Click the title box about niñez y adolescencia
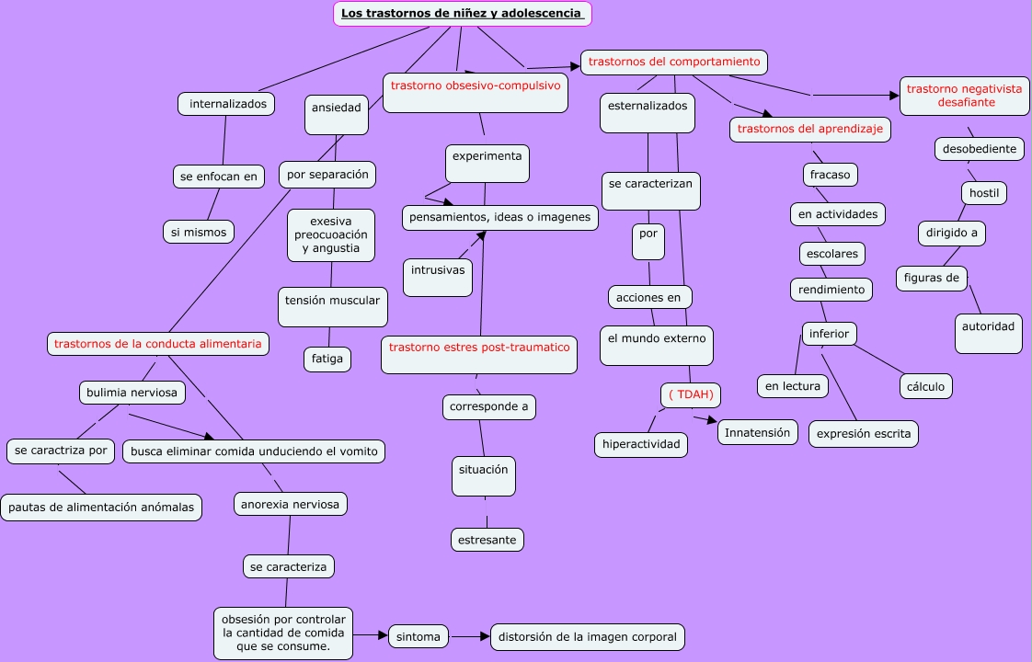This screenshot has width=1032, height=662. (x=462, y=14)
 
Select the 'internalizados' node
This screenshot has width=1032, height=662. (x=227, y=104)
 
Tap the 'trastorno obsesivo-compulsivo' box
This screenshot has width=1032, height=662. (x=475, y=93)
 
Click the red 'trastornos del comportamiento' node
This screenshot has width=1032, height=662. (x=674, y=63)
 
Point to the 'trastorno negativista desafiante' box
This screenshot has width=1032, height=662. (x=964, y=96)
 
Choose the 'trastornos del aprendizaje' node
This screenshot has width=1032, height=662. (x=809, y=130)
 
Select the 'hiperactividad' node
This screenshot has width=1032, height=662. (x=641, y=445)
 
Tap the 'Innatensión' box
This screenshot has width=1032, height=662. (x=757, y=432)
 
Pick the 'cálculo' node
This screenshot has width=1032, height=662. (x=925, y=387)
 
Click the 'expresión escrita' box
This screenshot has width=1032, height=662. (x=864, y=434)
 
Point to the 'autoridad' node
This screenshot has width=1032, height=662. (x=988, y=333)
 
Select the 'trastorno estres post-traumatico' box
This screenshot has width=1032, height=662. (x=479, y=354)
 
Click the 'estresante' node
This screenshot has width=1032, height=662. (x=487, y=540)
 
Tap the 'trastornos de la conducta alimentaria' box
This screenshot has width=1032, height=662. (x=158, y=344)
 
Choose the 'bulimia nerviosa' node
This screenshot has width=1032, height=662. (x=132, y=393)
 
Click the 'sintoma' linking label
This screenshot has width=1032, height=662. (x=419, y=636)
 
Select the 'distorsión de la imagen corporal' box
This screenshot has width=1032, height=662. (x=588, y=637)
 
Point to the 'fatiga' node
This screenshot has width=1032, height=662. (x=327, y=360)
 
